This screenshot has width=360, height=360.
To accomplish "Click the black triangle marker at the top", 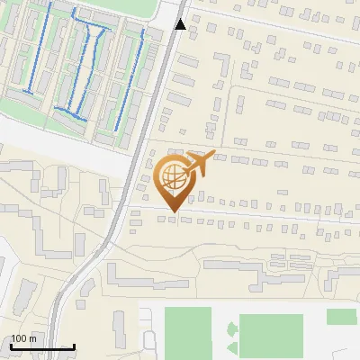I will (x=181, y=24).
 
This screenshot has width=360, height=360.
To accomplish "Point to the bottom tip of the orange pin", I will (x=171, y=211).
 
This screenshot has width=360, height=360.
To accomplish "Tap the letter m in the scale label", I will (x=32, y=338).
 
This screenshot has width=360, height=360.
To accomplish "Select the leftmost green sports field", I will (x=187, y=331).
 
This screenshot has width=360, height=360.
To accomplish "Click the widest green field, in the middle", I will (x=271, y=334).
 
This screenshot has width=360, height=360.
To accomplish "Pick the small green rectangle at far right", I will (x=341, y=316).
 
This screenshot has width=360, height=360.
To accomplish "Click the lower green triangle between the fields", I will (x=232, y=346).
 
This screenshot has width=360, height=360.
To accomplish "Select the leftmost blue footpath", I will (x=31, y=54).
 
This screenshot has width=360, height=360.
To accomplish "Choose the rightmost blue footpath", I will (x=141, y=72).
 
